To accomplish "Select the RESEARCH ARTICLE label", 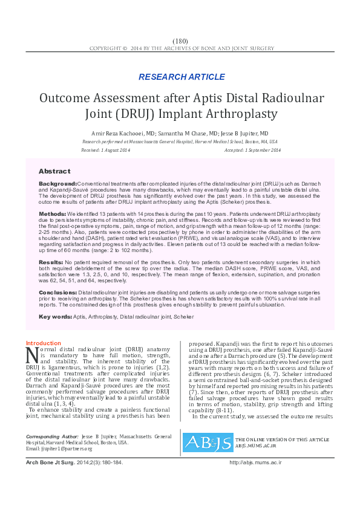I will pos(181,77).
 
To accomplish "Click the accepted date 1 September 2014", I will pos(261,150).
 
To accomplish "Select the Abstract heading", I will pos(54,172).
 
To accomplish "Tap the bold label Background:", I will pos(58,183).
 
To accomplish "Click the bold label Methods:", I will pos(53,215).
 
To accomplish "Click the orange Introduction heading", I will pos(44,343).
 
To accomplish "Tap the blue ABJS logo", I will pos(208,426).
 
